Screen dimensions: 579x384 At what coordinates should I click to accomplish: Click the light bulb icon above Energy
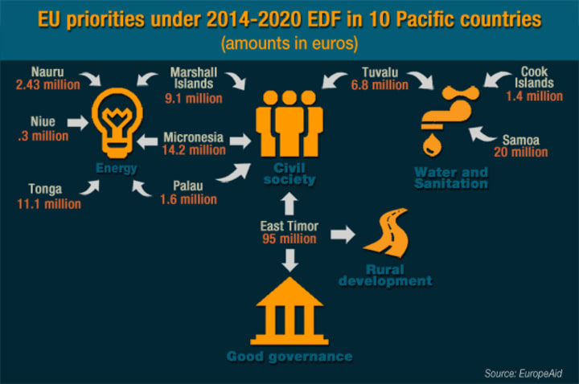pyautogui.click(x=117, y=123)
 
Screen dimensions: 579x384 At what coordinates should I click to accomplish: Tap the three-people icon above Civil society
pyautogui.click(x=289, y=123)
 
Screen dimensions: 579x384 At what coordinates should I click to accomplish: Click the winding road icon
pyautogui.click(x=387, y=233)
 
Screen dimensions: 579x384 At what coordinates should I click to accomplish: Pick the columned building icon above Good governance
pyautogui.click(x=289, y=311)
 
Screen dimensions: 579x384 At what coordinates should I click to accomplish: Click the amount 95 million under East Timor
pyautogui.click(x=289, y=239)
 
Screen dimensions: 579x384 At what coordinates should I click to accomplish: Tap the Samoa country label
pyautogui.click(x=520, y=140)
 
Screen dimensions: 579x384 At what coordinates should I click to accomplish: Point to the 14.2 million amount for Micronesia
pyautogui.click(x=194, y=150)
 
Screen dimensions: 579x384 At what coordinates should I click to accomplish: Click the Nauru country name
pyautogui.click(x=47, y=71)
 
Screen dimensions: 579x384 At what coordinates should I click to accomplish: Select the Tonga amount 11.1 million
pyautogui.click(x=49, y=204)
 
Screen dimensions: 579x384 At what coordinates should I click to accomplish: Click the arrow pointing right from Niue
pyautogui.click(x=78, y=122)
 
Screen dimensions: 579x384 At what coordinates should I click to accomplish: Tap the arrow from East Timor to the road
pyautogui.click(x=343, y=235)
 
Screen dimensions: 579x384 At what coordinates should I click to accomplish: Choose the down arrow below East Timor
pyautogui.click(x=289, y=260)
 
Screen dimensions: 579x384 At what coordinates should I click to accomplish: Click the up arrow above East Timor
pyautogui.click(x=289, y=204)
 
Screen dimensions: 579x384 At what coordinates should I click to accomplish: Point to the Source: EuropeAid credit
pyautogui.click(x=524, y=374)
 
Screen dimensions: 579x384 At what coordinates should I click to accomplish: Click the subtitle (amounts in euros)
pyautogui.click(x=289, y=43)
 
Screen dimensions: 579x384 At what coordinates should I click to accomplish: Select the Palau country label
pyautogui.click(x=188, y=186)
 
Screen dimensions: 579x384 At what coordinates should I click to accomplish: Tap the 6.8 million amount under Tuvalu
pyautogui.click(x=380, y=85)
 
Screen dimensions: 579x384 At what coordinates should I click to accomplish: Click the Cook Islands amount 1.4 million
pyautogui.click(x=534, y=96)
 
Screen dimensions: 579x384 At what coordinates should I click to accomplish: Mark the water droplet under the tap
pyautogui.click(x=432, y=145)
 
